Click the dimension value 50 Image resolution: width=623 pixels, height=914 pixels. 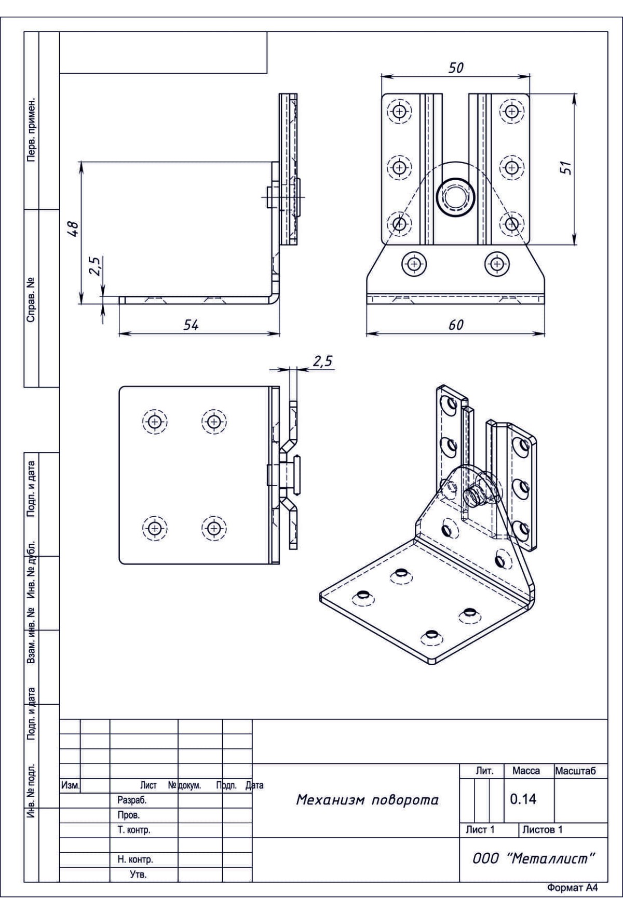[x=455, y=68]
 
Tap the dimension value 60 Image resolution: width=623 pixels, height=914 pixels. [x=455, y=325]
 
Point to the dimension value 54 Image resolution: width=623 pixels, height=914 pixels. [x=191, y=325]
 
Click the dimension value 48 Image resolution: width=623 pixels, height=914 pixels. [x=73, y=229]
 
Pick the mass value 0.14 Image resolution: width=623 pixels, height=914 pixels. [x=523, y=799]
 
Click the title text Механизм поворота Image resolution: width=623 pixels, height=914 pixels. [x=367, y=800]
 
